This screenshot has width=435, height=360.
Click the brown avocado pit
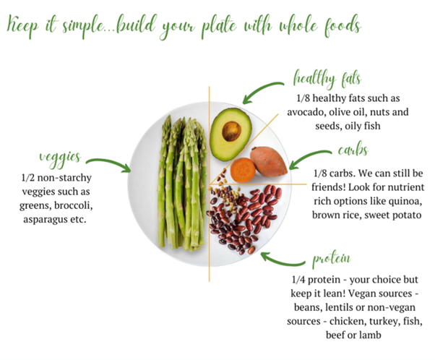pos(231,131)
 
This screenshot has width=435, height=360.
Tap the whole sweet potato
pos(268,161)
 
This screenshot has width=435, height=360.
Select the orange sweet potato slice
pos(243,170)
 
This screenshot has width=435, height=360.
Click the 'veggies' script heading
pos(60,158)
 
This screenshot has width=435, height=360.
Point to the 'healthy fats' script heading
pos(327,79)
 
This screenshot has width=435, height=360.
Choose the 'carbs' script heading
pos(353,150)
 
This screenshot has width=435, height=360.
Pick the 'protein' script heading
pos(332,259)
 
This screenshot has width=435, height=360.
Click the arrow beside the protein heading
pos(282,262)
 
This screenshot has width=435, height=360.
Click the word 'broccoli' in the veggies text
pos(74,205)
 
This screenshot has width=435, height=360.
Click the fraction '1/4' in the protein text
pos(298,280)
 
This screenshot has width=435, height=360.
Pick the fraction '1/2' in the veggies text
pos(27,178)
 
